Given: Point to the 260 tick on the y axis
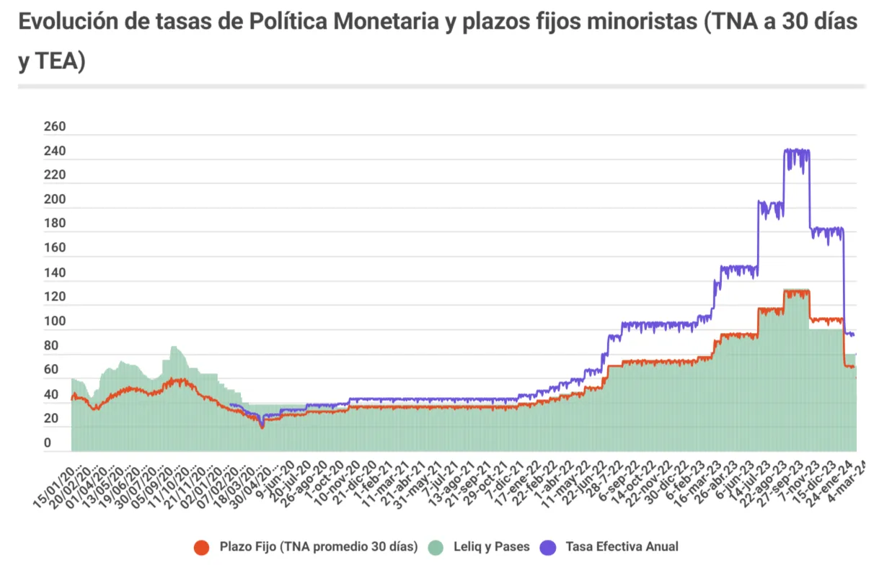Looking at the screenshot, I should point(55,128).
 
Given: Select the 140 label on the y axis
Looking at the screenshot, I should point(55,274).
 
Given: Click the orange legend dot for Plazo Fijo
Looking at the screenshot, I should point(202,547).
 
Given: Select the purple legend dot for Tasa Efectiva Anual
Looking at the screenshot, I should point(548,547).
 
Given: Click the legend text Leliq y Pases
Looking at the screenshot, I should point(478,547).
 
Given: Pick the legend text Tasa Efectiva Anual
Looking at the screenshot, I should point(622,547).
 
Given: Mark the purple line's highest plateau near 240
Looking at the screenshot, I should point(796,151).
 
